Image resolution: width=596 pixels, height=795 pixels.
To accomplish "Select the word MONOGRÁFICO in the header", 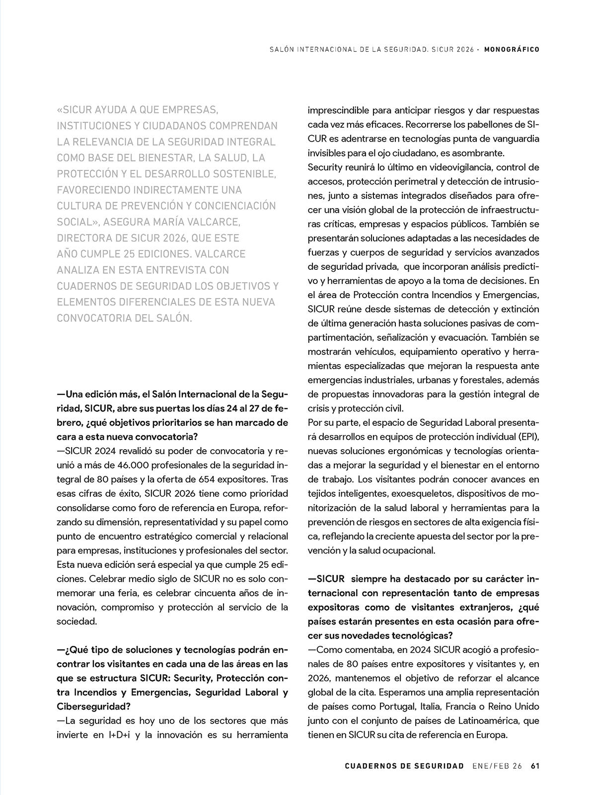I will [x=512, y=50].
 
